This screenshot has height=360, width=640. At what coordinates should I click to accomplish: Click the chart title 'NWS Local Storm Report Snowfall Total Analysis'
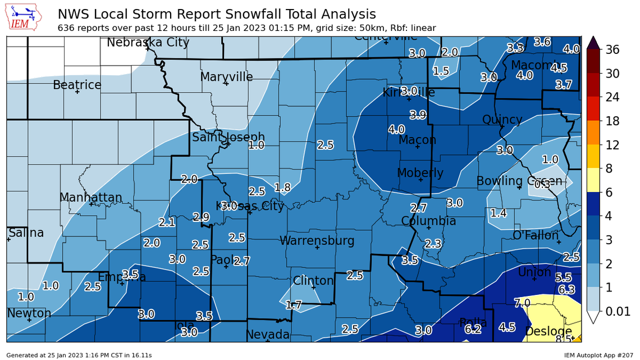[217, 14]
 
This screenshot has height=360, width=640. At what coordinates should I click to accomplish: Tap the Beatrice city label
[77, 85]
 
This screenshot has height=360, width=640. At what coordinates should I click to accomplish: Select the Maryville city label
[226, 77]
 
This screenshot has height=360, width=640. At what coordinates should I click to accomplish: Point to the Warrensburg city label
[317, 241]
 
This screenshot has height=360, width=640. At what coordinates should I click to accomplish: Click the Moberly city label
[420, 173]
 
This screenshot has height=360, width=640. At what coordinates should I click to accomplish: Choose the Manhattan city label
[90, 198]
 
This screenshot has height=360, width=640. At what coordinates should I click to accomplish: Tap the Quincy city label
[502, 120]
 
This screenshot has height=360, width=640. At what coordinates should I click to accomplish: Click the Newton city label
[29, 313]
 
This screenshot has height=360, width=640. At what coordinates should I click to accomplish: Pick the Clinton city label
[313, 280]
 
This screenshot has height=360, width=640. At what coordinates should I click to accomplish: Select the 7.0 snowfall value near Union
[522, 303]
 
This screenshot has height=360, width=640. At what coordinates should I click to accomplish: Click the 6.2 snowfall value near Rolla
[473, 330]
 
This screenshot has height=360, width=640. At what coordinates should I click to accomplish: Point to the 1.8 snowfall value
[282, 187]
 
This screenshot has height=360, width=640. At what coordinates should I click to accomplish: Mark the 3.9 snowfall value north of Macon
[418, 115]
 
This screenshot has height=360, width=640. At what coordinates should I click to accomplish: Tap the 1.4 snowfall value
[499, 213]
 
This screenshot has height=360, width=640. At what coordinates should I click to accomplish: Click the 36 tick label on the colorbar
[612, 49]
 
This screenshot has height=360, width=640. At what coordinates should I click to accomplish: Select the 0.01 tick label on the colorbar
[616, 311]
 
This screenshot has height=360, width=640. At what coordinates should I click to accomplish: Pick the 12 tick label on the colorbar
[612, 145]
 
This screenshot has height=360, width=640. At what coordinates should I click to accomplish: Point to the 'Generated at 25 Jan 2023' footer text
[79, 355]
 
